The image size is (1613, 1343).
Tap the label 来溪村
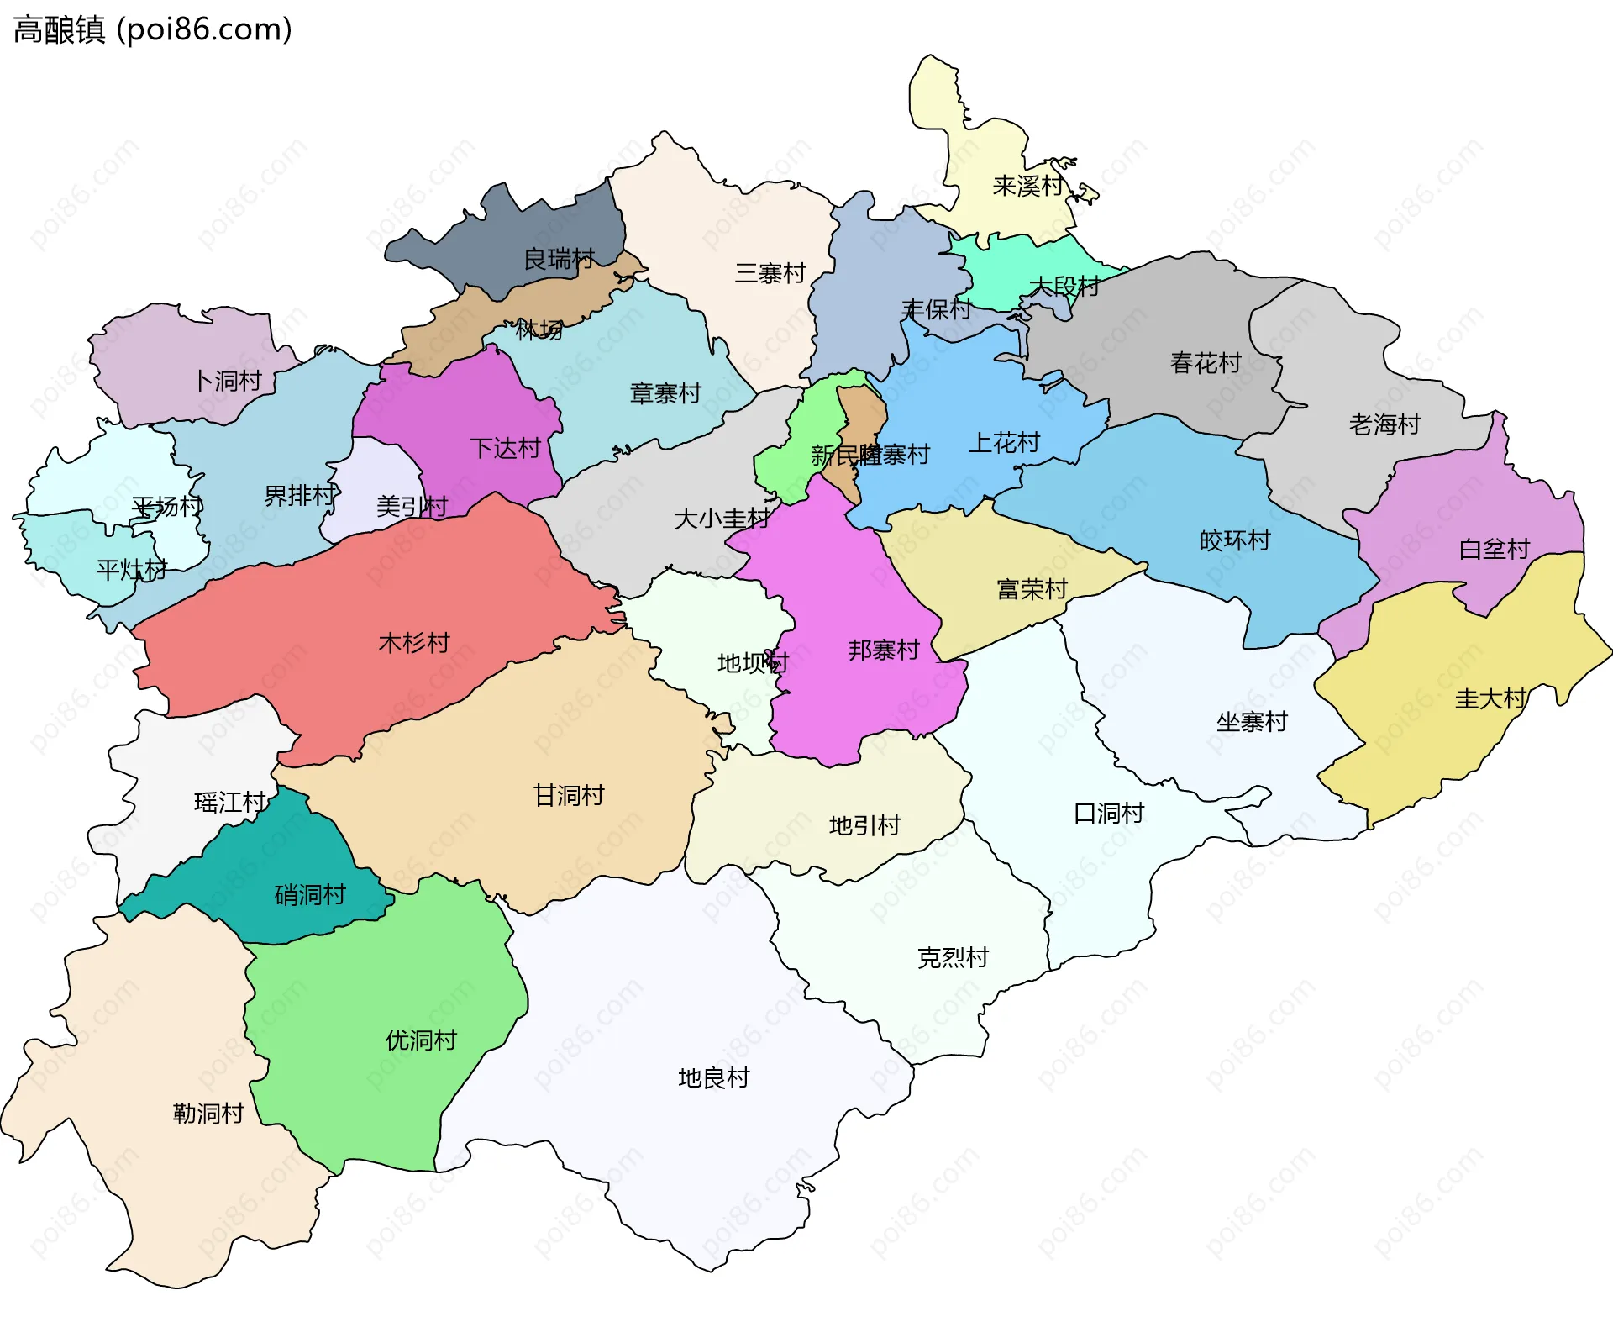pos(1027,186)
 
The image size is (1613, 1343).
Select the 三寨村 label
pos(770,273)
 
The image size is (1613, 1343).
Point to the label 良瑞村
pos(559,259)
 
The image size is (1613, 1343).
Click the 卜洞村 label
pos(228,382)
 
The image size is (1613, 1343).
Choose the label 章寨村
pos(665,393)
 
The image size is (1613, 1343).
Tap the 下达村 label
pos(505,448)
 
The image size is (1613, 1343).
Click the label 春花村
pos(1206,363)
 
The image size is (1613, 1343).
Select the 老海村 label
pos(1384,424)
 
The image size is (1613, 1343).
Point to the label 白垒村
pos(1494,550)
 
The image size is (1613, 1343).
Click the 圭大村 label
pos(1490,698)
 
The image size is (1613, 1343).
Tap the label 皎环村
pos(1235,540)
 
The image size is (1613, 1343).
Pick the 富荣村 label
pos(1032,589)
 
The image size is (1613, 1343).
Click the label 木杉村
pos(414,643)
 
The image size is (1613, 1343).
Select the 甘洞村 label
pos(569,795)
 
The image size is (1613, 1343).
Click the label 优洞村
pos(421,1040)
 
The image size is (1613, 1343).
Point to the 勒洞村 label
pos(208,1114)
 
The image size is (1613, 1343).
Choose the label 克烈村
pos(953,958)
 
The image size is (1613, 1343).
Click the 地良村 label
pos(713,1078)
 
